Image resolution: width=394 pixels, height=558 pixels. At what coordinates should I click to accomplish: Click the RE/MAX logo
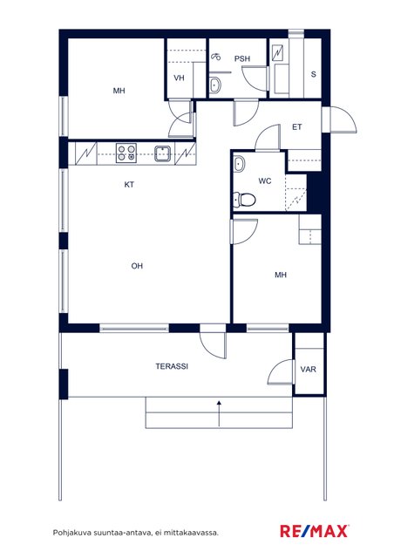click(315, 531)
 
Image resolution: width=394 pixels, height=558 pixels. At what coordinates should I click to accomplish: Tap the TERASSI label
click(172, 366)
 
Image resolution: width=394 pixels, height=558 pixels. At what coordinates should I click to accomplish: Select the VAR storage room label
click(308, 370)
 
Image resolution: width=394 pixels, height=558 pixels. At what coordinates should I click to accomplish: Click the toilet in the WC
click(244, 200)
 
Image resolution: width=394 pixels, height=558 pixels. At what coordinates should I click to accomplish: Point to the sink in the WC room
click(239, 164)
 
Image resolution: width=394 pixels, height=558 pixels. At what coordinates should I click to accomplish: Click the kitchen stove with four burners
click(126, 153)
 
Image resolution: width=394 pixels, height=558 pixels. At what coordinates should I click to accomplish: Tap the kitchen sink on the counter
click(163, 153)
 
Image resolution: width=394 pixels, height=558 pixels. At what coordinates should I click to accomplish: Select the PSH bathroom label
click(242, 58)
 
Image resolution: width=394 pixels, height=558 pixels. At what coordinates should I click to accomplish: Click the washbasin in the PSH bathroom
click(214, 85)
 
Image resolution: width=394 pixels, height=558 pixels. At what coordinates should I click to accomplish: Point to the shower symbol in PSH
click(215, 57)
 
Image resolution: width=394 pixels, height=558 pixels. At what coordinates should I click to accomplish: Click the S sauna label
click(314, 74)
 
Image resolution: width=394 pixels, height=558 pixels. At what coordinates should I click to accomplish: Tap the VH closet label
click(179, 78)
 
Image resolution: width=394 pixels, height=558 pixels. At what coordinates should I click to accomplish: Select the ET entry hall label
click(297, 127)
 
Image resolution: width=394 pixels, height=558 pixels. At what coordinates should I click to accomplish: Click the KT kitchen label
click(129, 184)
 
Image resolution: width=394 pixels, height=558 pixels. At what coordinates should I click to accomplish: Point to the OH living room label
click(137, 265)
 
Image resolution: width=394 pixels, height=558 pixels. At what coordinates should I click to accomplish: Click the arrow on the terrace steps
click(219, 412)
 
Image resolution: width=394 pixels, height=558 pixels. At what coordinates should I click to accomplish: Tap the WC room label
click(265, 181)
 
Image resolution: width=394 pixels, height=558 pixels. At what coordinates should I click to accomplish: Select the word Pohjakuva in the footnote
click(72, 533)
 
